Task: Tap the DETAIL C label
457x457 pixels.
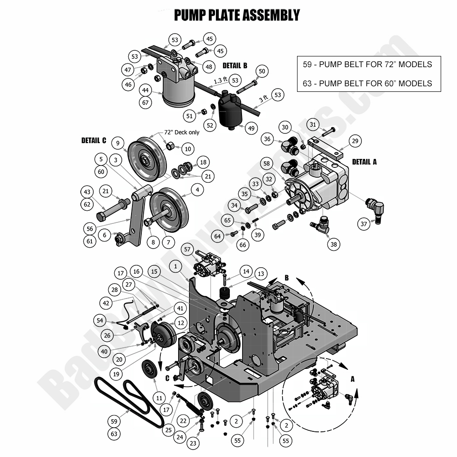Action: click(94, 140)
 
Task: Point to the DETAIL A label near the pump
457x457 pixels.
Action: click(364, 162)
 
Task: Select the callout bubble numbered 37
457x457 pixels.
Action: click(364, 224)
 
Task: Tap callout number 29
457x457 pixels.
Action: click(355, 141)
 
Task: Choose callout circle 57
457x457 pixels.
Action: click(188, 250)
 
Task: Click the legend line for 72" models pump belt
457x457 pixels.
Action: click(367, 64)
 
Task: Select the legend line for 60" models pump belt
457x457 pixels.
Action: click(367, 83)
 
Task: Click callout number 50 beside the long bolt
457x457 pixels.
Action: click(262, 71)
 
